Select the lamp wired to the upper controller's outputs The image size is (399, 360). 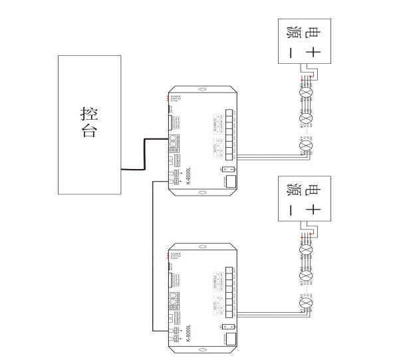coord(306,146)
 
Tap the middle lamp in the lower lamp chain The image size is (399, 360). coord(306,275)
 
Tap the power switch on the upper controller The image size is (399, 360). coord(223,170)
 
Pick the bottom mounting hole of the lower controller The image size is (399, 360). coord(203,353)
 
